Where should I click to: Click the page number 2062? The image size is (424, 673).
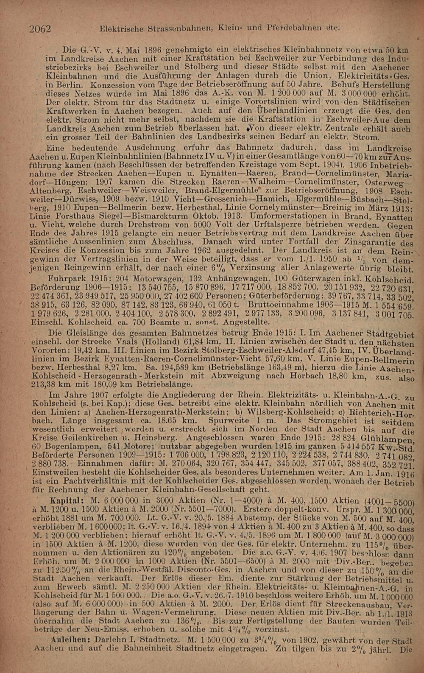pyautogui.click(x=40, y=29)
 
